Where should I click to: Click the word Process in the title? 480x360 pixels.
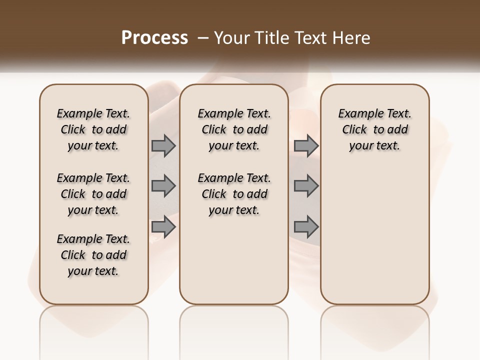154,37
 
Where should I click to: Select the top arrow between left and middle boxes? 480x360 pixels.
163,145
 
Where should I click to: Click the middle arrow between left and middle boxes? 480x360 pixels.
163,186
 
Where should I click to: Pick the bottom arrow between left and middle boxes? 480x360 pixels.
163,227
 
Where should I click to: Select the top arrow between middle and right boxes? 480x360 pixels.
306,145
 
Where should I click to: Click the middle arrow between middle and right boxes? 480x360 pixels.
306,186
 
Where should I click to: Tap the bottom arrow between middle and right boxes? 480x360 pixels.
306,227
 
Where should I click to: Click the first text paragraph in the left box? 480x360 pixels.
93,129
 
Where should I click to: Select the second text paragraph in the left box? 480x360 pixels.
93,194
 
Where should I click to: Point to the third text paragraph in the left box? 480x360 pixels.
93,255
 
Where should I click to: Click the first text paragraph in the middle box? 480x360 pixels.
234,129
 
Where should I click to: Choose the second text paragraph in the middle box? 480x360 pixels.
234,194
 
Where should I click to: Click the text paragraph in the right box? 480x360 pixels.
375,129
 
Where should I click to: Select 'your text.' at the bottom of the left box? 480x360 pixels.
93,271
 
